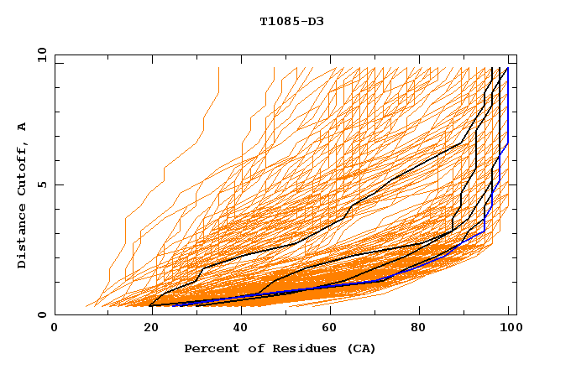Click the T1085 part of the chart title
coord(279,21)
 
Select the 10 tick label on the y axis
coord(39,54)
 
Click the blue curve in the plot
coord(508,126)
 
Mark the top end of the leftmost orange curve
coord(218,68)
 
